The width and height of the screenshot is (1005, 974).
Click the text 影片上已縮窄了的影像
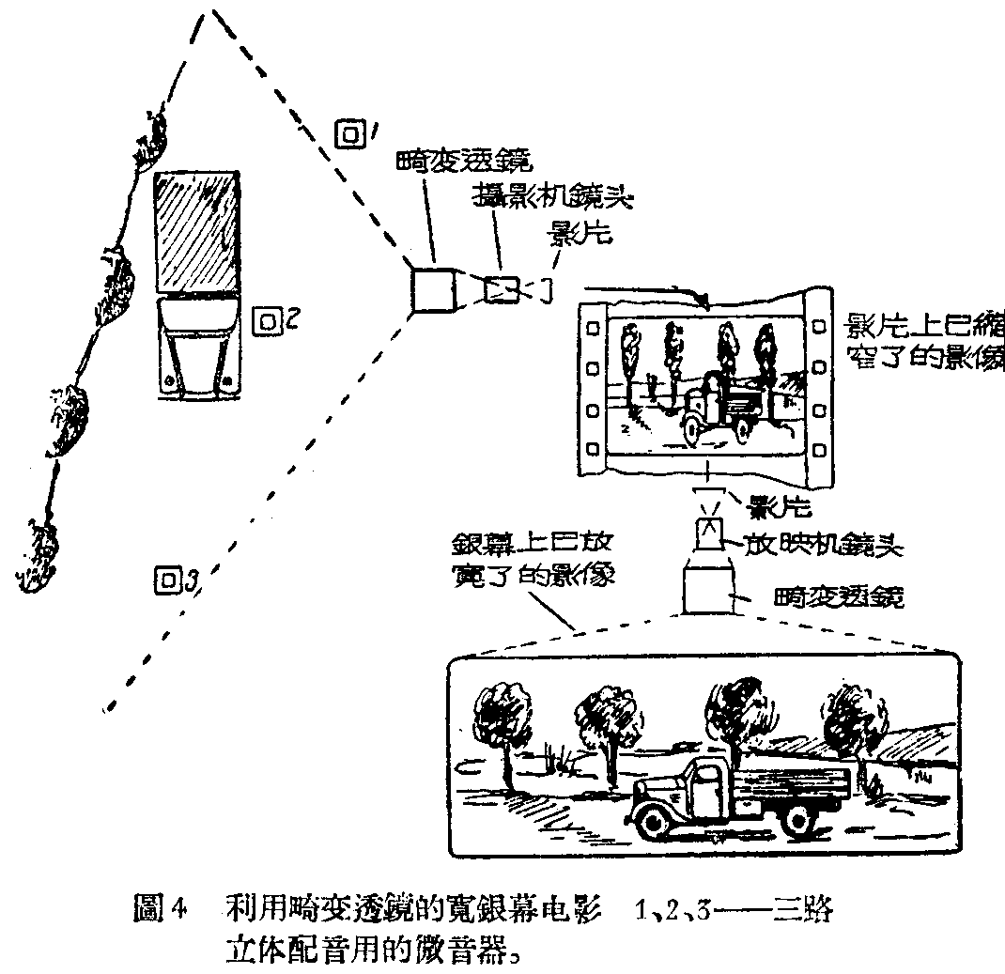[924, 342]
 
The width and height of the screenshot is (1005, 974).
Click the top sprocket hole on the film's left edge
[593, 329]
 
